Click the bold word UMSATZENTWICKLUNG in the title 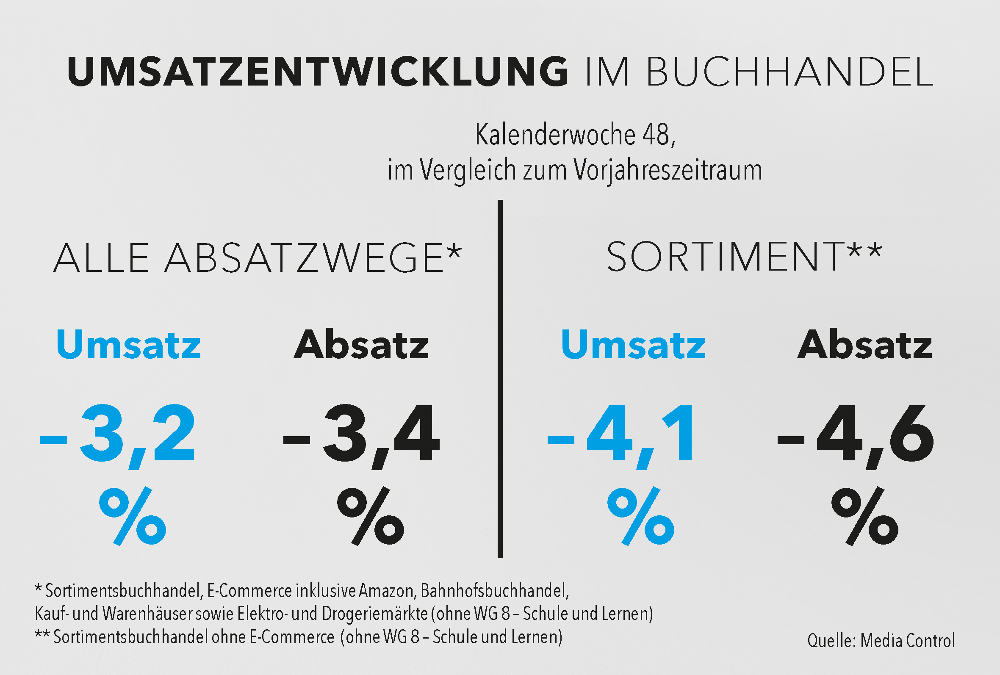(x=318, y=72)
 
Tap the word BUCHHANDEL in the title (x=789, y=72)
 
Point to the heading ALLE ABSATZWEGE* (x=258, y=258)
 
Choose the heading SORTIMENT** (x=745, y=257)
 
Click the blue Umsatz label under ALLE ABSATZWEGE (x=129, y=344)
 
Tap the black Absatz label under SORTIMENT (x=865, y=344)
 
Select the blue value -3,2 (x=117, y=434)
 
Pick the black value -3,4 (x=361, y=434)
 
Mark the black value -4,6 (x=856, y=434)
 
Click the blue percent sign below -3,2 (x=133, y=516)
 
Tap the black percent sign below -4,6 (x=865, y=516)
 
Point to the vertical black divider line (x=500, y=379)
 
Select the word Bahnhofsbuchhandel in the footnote (x=494, y=591)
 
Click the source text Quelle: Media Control (x=881, y=641)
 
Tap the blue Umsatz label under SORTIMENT (x=633, y=344)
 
